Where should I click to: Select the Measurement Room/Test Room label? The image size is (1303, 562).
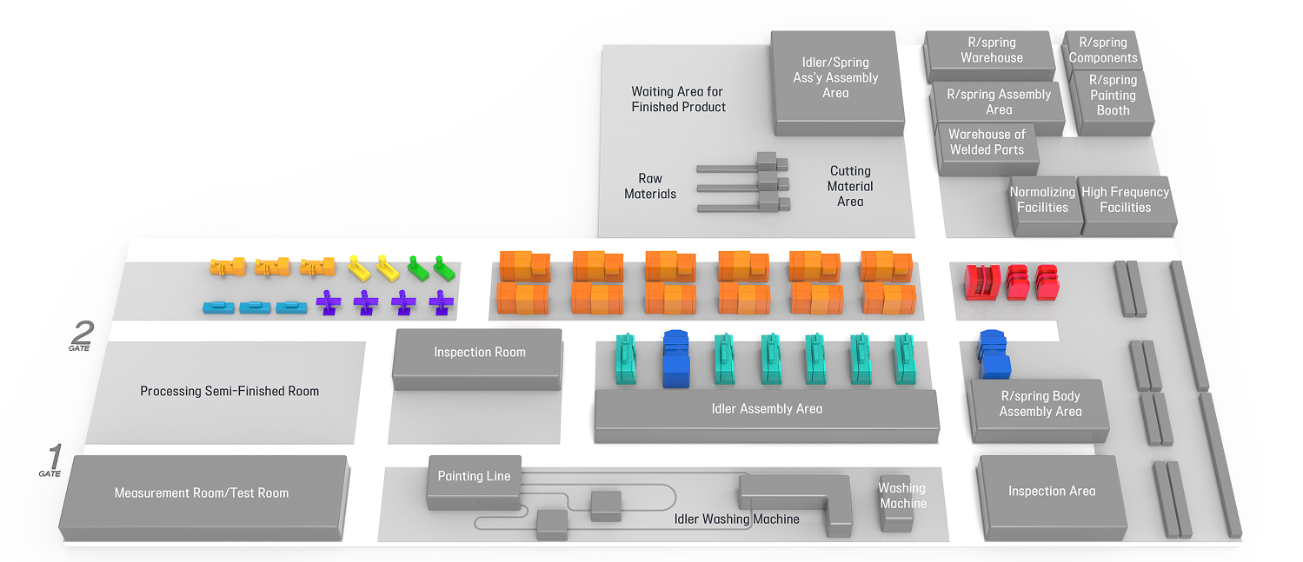[202, 493]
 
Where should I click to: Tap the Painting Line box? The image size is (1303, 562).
[474, 477]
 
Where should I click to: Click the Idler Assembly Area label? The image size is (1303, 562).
[767, 409]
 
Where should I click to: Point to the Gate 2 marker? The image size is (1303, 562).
[81, 336]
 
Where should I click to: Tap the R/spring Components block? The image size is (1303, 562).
[1103, 50]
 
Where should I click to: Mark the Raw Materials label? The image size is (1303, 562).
[650, 187]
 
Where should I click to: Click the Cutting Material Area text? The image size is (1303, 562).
[850, 187]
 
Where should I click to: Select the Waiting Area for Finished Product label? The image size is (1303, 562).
[678, 99]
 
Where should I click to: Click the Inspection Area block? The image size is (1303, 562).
[1052, 493]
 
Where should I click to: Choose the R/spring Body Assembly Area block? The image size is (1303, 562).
[1040, 405]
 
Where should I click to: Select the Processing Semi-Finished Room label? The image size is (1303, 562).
[229, 392]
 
